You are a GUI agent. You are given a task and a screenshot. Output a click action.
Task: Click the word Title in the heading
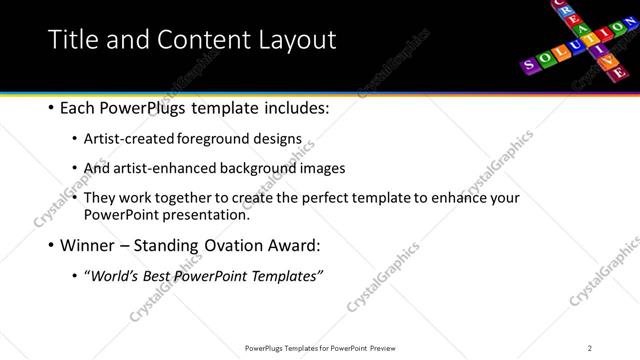pos(71,39)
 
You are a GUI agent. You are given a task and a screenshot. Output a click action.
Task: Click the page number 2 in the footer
pos(590,348)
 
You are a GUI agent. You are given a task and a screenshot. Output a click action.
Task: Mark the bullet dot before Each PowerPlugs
pos(50,107)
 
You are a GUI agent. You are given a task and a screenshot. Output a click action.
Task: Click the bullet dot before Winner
pos(50,245)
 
